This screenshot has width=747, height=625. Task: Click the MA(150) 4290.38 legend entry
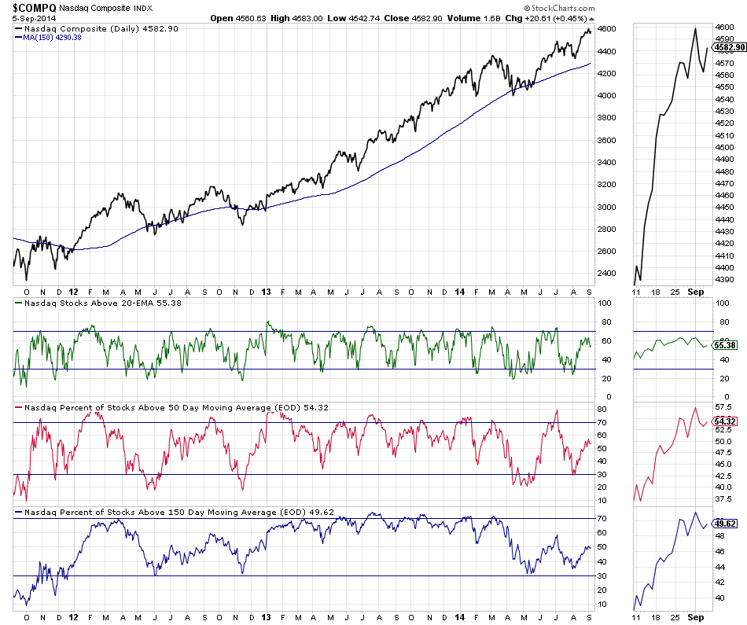pos(53,38)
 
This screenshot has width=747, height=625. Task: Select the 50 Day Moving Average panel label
pos(173,407)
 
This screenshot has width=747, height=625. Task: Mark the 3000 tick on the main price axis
pos(606,208)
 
